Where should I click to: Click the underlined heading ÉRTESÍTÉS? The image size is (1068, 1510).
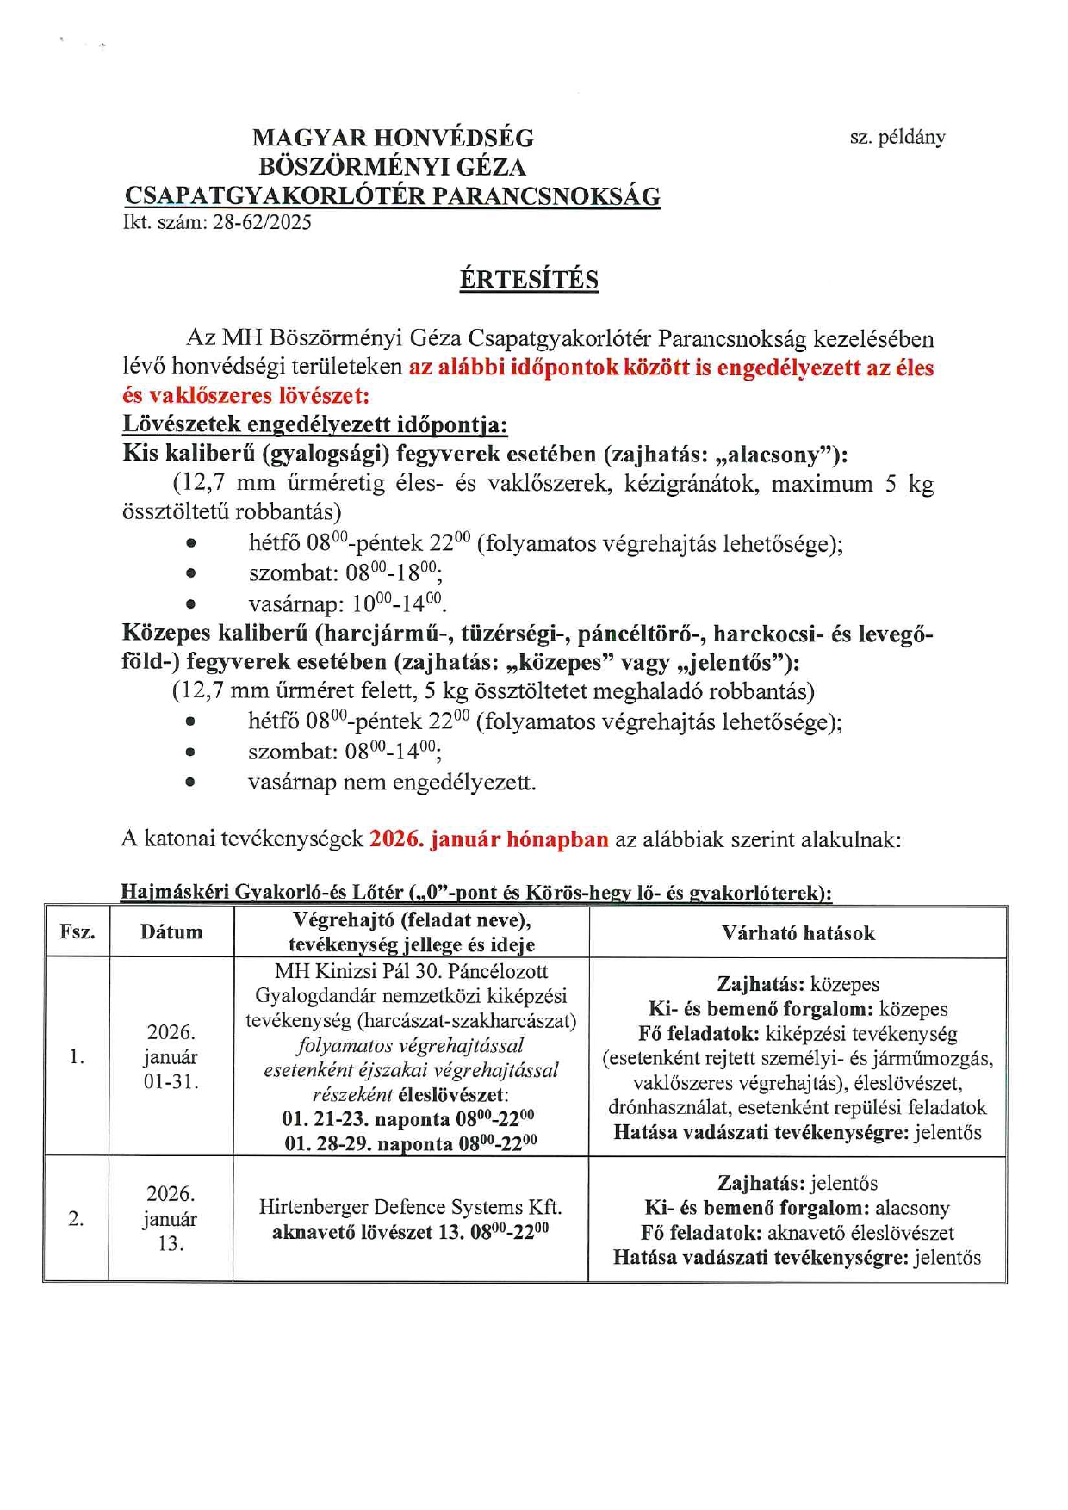(529, 280)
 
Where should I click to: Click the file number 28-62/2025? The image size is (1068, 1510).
(262, 222)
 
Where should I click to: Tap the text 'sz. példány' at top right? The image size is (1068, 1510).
(897, 137)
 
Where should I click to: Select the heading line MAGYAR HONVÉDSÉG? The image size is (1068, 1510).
(393, 138)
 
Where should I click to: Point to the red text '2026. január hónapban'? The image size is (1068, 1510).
(488, 839)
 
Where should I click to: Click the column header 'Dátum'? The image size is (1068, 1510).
(171, 932)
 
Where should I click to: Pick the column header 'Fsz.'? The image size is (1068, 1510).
(78, 932)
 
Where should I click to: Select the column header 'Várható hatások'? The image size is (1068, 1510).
(798, 933)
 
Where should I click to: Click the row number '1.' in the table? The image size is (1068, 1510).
(78, 1056)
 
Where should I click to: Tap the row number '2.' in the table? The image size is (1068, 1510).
(77, 1219)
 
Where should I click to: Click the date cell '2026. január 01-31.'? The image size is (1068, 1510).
(171, 1056)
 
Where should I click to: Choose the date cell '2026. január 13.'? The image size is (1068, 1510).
(171, 1218)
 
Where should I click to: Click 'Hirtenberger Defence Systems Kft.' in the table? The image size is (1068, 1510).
(411, 1207)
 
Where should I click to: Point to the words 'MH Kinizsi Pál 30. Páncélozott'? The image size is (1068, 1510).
(411, 971)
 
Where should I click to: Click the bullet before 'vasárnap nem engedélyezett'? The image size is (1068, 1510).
(190, 783)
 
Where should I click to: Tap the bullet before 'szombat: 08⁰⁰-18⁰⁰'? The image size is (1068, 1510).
(190, 573)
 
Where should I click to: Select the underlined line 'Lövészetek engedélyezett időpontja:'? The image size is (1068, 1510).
(315, 424)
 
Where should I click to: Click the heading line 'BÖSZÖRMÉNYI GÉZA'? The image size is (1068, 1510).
(393, 167)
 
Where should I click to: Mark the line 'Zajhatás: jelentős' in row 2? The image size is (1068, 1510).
(798, 1183)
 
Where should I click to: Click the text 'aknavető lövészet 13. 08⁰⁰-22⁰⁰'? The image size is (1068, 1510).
(411, 1232)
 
